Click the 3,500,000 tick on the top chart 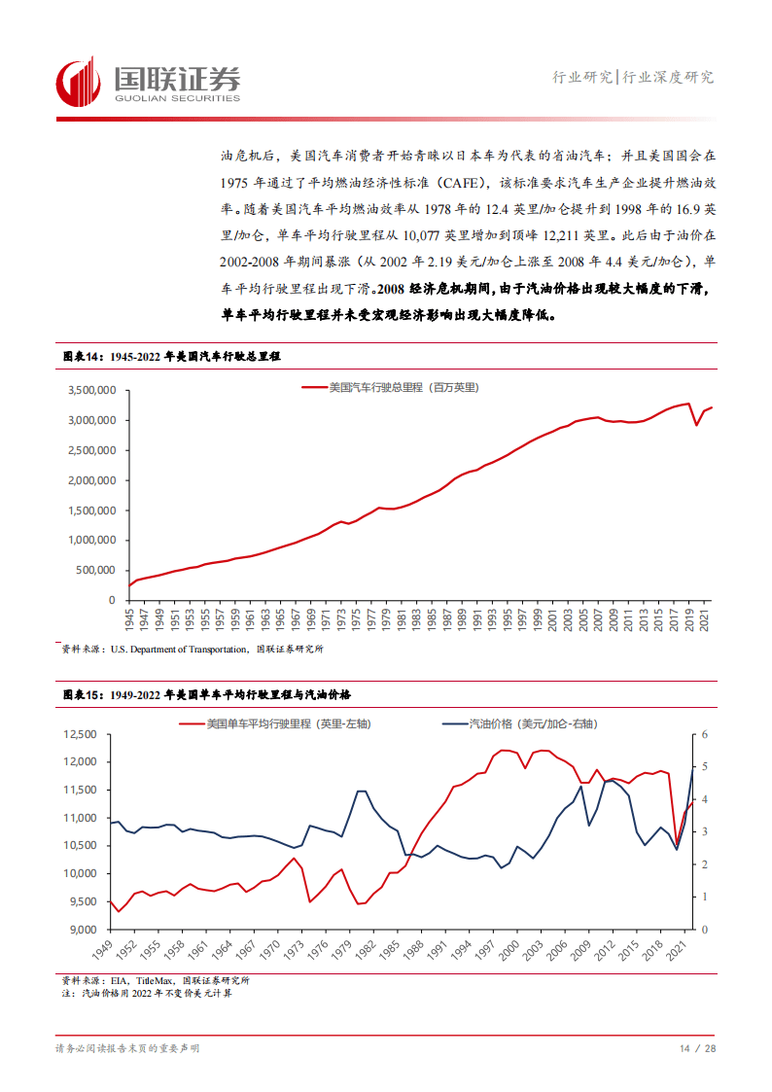(92, 390)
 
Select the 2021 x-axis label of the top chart (709, 618)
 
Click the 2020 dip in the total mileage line (696, 425)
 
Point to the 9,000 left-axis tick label (85, 930)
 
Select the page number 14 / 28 (697, 1049)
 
